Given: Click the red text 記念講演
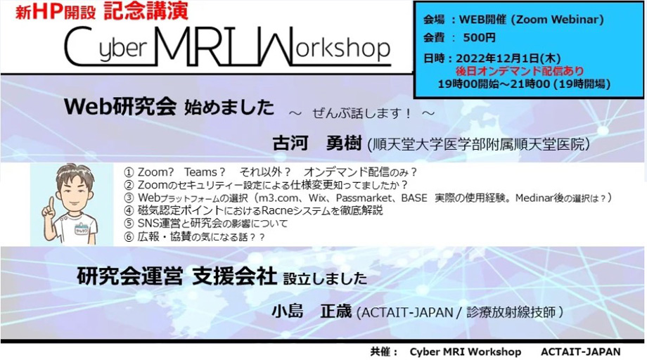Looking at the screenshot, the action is [146, 11].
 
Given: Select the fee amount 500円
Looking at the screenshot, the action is [479, 37].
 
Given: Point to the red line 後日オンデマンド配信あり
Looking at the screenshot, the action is [520, 71].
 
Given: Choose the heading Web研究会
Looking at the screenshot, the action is [120, 106].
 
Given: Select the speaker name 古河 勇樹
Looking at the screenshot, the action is [317, 143].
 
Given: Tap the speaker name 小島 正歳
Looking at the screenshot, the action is [312, 311].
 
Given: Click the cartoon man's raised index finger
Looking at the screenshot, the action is [51, 205].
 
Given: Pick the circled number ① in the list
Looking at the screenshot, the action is [129, 172].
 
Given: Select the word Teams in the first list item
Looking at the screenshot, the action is [200, 172].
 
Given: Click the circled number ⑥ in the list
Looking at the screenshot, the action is [129, 237].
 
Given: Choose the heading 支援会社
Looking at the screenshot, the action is [234, 276].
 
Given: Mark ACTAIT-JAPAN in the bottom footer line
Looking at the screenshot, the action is [581, 352].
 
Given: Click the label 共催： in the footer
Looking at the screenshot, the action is [384, 352].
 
